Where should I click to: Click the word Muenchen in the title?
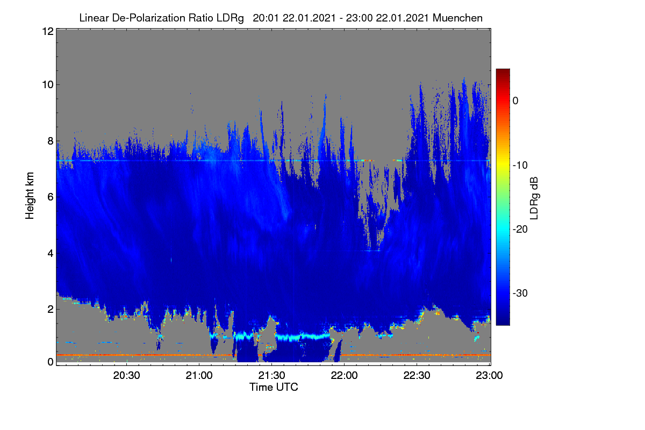coord(457,18)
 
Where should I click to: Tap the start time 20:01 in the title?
coord(266,18)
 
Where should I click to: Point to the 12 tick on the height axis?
coord(48,31)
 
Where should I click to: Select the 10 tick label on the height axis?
coord(48,85)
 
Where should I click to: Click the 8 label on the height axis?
coord(51,141)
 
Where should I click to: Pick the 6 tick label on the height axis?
coord(51,197)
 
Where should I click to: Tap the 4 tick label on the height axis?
coord(51,253)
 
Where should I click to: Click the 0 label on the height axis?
coord(51,362)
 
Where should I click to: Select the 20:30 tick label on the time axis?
coord(126,375)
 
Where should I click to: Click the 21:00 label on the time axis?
coord(199,375)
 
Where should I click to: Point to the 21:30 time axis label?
coord(271,375)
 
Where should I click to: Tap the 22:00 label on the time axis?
coord(344,375)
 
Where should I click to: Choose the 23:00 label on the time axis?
coord(489,375)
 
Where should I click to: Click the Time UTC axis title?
coord(274,387)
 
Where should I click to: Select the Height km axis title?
coord(30,196)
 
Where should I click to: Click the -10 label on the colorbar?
coord(520,165)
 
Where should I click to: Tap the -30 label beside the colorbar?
coord(520,293)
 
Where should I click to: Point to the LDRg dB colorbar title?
coord(534,198)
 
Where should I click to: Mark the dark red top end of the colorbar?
coord(503,70)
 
